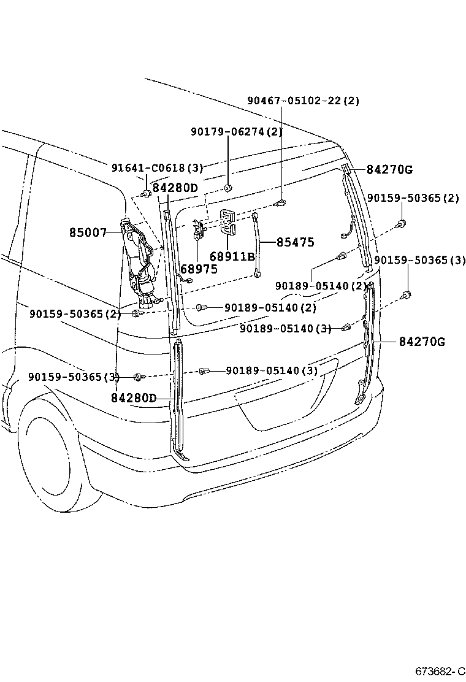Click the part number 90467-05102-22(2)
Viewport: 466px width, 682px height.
pos(304,101)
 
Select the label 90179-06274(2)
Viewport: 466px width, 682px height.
pos(236,131)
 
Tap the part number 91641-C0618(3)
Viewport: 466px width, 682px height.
pos(157,167)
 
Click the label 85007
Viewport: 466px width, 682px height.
pos(88,233)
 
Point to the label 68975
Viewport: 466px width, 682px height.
pos(199,269)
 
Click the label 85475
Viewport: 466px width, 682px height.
pos(295,242)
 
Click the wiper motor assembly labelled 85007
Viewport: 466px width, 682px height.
pos(140,258)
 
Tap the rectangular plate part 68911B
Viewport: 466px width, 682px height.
pos(229,221)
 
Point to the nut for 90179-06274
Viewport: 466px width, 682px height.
pos(227,187)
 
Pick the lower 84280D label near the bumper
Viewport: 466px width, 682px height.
pos(134,397)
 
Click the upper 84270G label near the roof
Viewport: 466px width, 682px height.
pos(390,169)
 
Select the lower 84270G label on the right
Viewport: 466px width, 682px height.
pos(422,342)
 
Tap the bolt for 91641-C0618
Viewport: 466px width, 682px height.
pos(146,194)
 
